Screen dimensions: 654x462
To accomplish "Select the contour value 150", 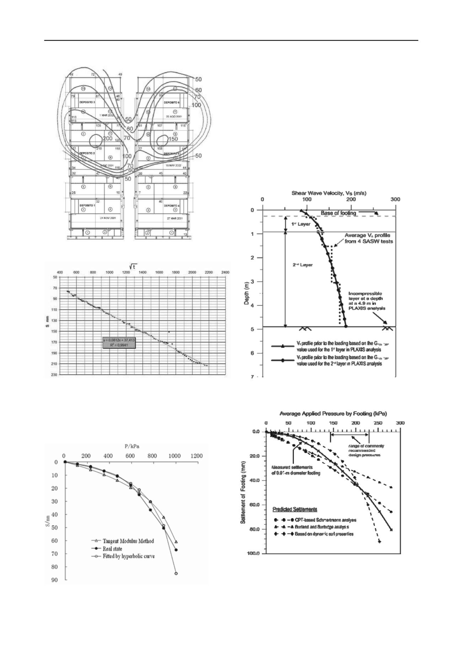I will (173, 139).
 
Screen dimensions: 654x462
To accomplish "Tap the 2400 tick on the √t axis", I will (225, 272).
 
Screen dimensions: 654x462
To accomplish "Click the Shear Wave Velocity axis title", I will (329, 193).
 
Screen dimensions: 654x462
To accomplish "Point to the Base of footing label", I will (338, 213).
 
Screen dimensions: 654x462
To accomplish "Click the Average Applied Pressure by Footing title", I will (333, 414).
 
